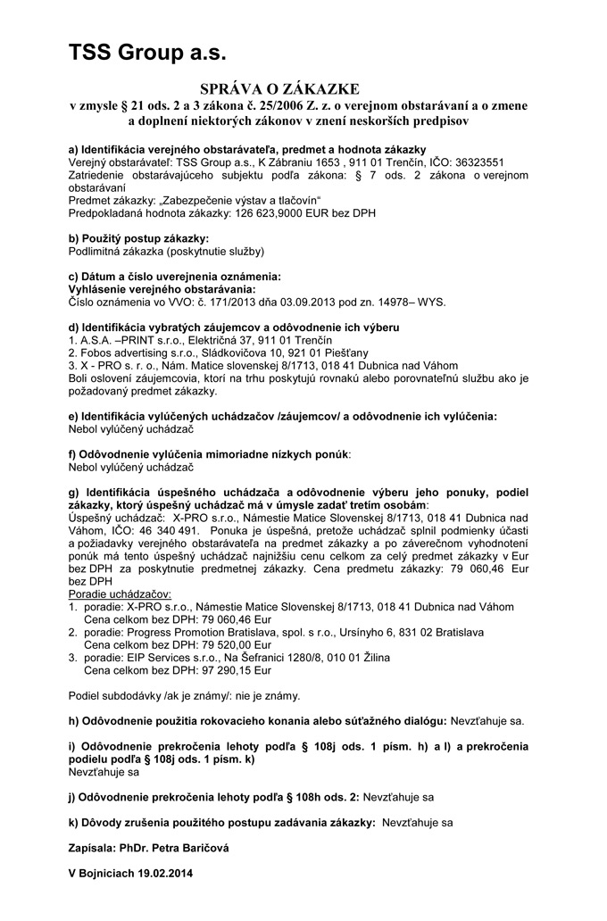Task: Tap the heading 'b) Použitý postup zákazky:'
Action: [139, 238]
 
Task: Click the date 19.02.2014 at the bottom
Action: [162, 872]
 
